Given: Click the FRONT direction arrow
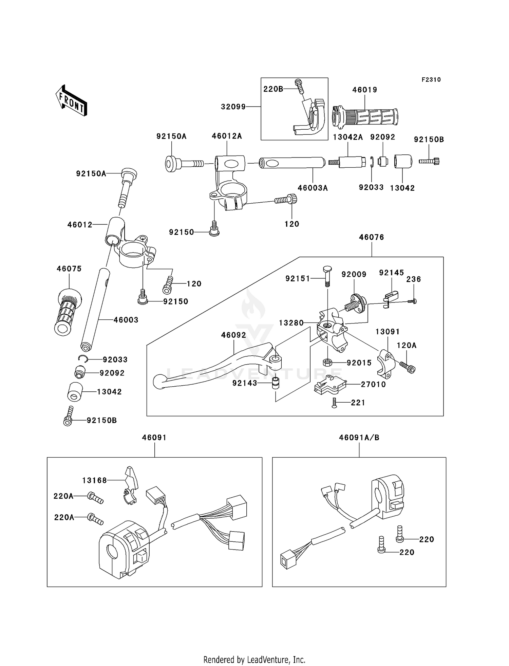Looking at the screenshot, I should coord(71,100).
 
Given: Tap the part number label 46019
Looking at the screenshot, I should coord(364,90).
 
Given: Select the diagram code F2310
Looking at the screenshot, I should coord(431,80).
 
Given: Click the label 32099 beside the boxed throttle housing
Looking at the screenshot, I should coord(233,107).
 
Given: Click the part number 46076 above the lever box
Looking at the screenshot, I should coord(372,237).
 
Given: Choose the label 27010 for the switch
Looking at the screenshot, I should coord(373,384).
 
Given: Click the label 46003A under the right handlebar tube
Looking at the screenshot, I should coord(313,188).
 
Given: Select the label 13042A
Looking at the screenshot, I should coord(348,137).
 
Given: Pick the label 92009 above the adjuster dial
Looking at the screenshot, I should coord(354,274).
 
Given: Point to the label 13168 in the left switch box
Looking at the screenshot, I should coord(94,480).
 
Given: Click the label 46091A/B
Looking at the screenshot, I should coord(359,438).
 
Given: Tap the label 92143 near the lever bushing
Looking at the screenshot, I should coord(245,383).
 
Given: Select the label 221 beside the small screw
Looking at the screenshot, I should coord(358,403).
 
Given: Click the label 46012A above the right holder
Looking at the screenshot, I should coord(227,136).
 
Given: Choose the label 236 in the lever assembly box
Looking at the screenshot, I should coord(414,279).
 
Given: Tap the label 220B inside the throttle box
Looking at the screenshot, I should coord(273,89).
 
